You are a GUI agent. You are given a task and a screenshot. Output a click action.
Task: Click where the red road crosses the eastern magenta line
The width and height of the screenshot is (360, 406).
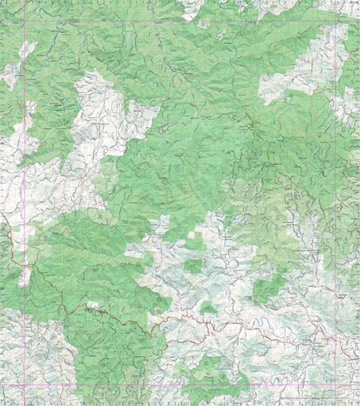(349, 347)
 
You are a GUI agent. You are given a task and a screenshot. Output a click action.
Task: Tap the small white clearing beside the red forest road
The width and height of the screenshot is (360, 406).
(92, 305)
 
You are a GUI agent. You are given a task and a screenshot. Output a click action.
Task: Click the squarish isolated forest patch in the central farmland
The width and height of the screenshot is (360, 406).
(193, 265)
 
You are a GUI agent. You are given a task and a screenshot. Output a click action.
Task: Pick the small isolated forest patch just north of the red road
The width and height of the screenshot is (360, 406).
(208, 307)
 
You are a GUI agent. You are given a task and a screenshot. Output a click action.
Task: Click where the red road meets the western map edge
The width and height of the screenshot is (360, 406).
(1, 218)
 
